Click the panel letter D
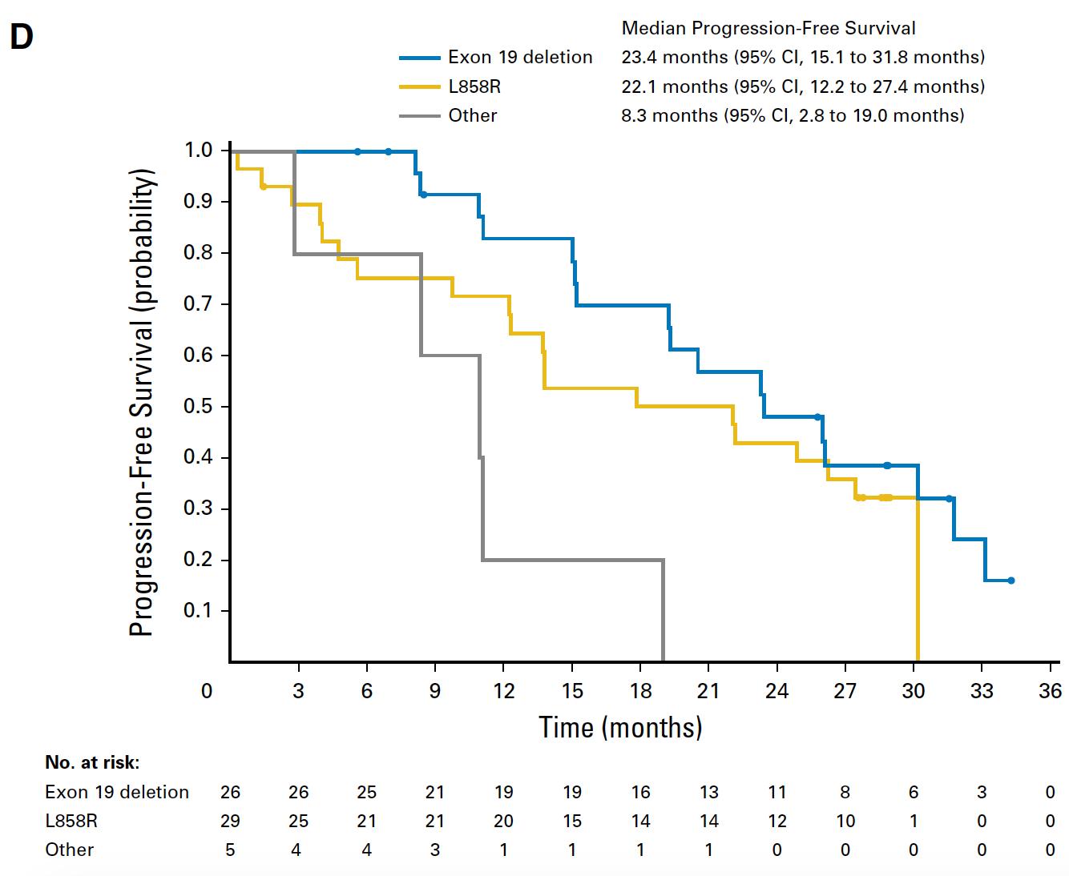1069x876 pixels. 22,36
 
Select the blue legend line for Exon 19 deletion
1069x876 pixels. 420,58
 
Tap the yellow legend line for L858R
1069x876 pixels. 420,86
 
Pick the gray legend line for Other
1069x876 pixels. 420,116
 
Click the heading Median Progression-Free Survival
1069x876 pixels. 768,29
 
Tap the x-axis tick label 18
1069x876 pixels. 640,691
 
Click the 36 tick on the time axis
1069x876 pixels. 1050,691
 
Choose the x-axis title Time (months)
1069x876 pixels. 620,727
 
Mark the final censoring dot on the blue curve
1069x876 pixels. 1011,581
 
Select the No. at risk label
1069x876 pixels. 92,762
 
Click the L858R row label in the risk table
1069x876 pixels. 71,821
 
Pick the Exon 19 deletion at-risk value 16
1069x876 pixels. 640,792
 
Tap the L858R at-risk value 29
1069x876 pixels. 230,821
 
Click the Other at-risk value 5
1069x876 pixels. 230,850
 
